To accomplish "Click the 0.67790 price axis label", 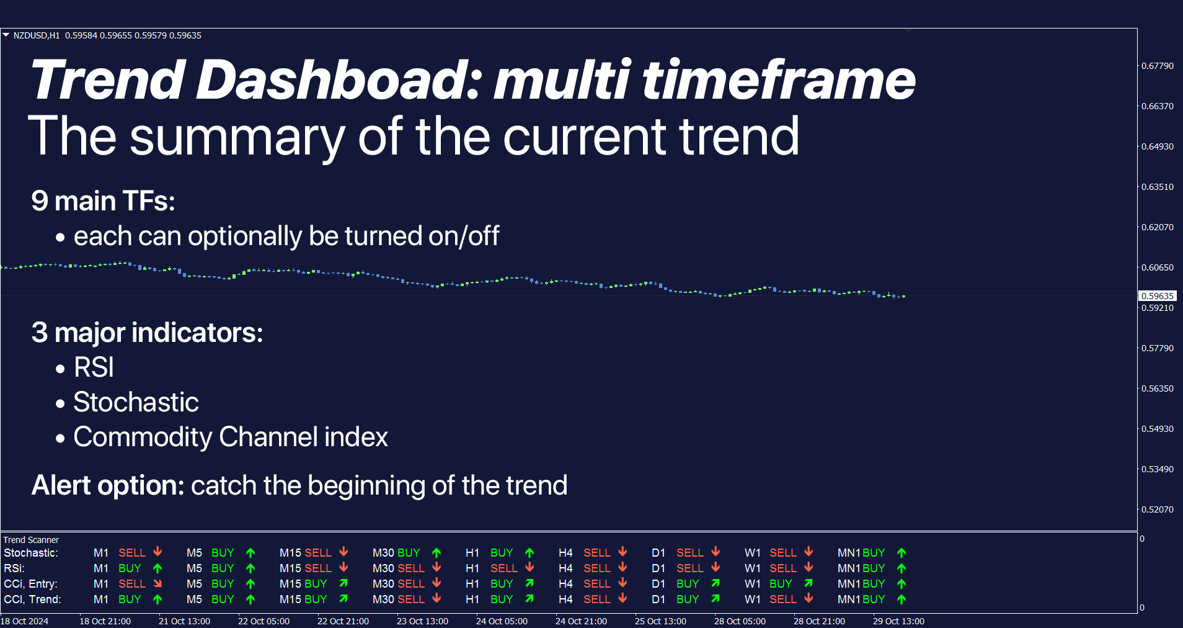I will [x=1157, y=66].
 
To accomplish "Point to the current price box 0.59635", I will [x=1157, y=296].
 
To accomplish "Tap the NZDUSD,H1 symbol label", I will [x=37, y=35].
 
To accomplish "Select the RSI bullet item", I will [x=94, y=367].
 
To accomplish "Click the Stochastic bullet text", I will [x=136, y=402].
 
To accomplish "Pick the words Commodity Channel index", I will [x=230, y=437].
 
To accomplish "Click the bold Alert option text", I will [x=108, y=485].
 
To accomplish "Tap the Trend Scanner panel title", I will [x=31, y=540].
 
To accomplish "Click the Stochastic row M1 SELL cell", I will [x=131, y=552].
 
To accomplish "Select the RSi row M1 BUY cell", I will [x=130, y=568].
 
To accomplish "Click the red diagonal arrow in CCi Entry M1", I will [x=157, y=583].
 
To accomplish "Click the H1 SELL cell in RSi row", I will [x=503, y=568].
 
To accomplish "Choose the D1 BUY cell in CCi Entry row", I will [x=687, y=584].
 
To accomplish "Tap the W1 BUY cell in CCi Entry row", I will [x=780, y=584].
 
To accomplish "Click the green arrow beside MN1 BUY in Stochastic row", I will [x=902, y=552].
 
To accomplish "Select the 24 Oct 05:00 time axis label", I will [x=502, y=621].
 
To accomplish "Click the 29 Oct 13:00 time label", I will [x=898, y=621].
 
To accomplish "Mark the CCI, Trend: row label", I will [x=32, y=599].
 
